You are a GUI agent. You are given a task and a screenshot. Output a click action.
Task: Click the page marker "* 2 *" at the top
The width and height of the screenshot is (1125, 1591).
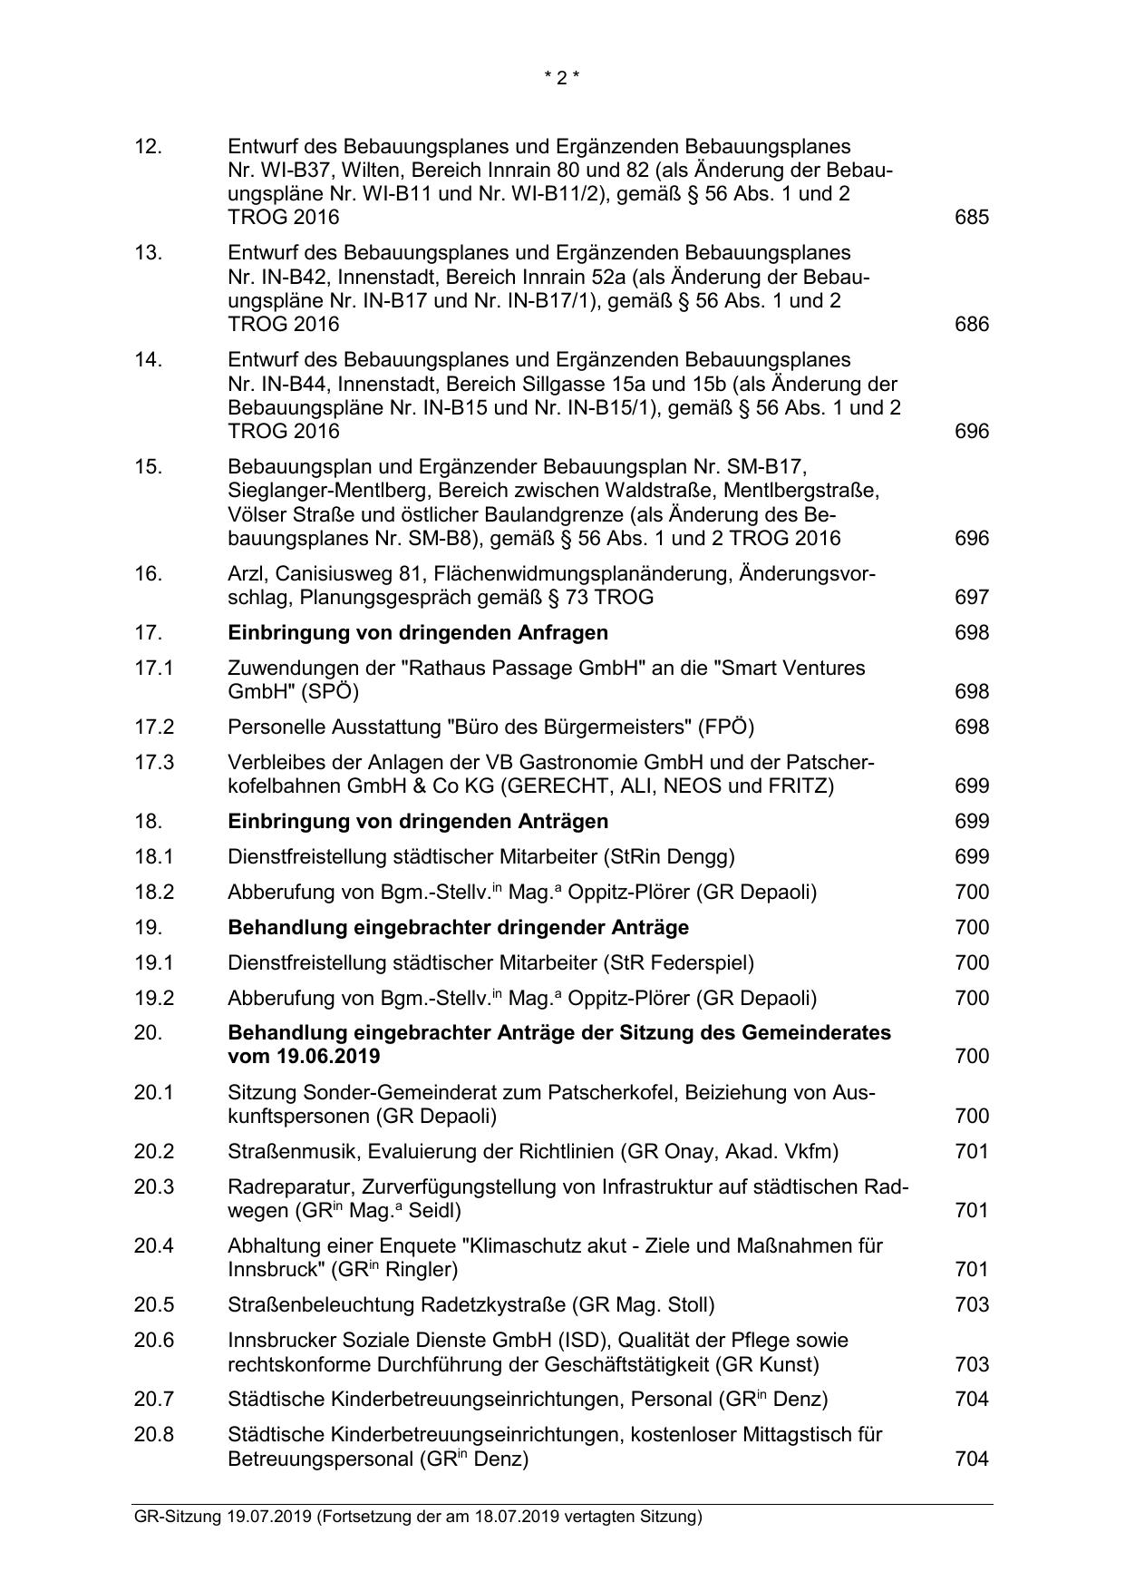[x=561, y=78]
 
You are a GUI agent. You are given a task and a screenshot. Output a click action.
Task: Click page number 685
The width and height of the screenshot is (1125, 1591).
[x=972, y=218]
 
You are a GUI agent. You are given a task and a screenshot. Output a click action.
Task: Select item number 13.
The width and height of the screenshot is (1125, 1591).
[x=148, y=253]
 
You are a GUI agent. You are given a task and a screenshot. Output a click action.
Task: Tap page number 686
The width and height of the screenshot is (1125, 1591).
[x=972, y=325]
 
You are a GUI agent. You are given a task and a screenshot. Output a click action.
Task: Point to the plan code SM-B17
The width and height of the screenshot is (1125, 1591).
[x=770, y=467]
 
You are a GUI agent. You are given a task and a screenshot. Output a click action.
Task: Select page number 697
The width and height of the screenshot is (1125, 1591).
[x=972, y=598]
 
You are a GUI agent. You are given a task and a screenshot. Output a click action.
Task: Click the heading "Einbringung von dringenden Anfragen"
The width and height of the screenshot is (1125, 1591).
[x=418, y=632]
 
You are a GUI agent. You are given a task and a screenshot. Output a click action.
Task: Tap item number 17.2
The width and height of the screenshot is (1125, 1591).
[x=153, y=727]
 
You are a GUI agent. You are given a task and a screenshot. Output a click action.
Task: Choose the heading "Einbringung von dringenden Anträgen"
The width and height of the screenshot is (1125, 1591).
[x=418, y=821]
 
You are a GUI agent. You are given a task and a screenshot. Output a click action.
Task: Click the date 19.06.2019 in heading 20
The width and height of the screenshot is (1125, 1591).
[x=304, y=1057]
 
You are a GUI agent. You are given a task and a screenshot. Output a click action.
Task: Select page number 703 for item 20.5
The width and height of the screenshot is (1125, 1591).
[x=972, y=1305]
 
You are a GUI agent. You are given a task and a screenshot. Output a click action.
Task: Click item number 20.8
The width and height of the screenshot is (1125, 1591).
[x=153, y=1435]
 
